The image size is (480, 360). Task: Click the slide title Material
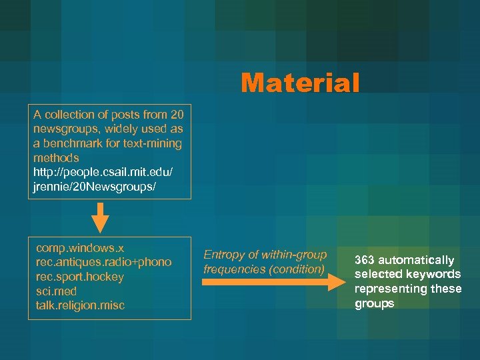300,83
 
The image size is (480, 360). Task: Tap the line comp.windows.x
80,247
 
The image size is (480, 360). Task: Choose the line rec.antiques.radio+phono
103,262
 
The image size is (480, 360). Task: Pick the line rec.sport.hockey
80,277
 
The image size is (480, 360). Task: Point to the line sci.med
57,291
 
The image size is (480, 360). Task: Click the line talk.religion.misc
81,305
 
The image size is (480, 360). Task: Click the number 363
364,260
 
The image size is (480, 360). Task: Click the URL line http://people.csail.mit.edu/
103,173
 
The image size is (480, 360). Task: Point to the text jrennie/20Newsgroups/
95,187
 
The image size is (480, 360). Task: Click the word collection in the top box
67,114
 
